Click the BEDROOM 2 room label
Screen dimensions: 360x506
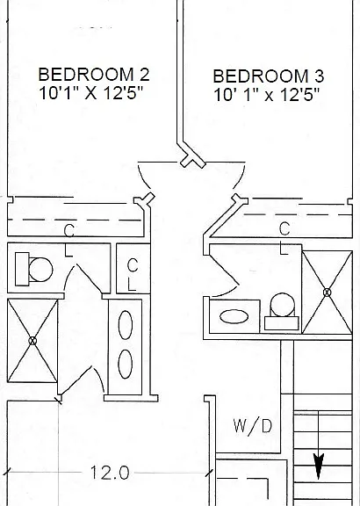(x=94, y=74)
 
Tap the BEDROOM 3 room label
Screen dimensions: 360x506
(x=269, y=76)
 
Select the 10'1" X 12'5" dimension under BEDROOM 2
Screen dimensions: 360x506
(x=90, y=93)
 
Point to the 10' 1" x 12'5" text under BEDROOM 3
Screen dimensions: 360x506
(x=266, y=95)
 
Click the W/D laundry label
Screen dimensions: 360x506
(x=253, y=426)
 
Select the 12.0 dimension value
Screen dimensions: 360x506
(x=110, y=473)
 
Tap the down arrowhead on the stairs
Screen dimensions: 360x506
(x=319, y=466)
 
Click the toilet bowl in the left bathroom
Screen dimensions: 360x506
(x=40, y=269)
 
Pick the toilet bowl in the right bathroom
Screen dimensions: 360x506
(x=282, y=305)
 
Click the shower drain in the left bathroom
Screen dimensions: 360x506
(x=32, y=341)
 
